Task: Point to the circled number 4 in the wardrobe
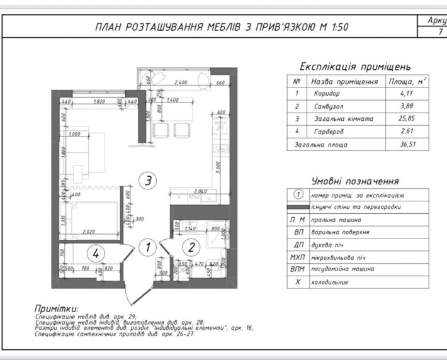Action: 96,254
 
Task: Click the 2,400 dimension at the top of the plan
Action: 181,82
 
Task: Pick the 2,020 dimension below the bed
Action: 92,232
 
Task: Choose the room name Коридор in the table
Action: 326,94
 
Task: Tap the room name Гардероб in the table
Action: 329,132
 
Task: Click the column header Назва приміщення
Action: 344,81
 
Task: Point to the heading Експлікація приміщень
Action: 355,66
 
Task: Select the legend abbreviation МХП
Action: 297,257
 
